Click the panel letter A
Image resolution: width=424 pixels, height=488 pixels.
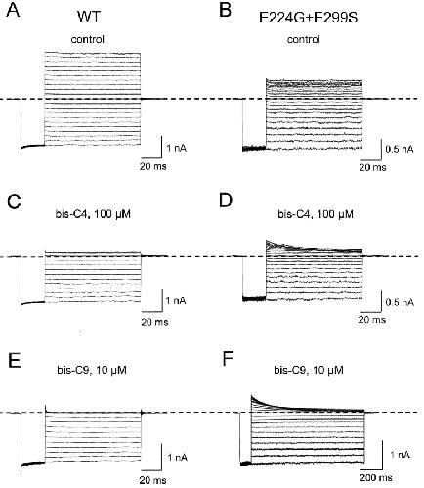point(14,11)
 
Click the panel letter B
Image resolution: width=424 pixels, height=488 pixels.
point(226,11)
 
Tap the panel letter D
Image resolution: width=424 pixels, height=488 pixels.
point(226,200)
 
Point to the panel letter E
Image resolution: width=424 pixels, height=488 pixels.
point(14,360)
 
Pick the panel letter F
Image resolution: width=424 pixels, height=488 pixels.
point(229,360)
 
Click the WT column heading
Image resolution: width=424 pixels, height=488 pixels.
point(89,17)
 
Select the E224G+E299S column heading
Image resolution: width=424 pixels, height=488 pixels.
point(308,18)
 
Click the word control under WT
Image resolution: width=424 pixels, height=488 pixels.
point(88,39)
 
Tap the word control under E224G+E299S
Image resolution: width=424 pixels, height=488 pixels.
point(304,39)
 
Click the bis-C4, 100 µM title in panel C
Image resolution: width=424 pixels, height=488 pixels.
point(93,214)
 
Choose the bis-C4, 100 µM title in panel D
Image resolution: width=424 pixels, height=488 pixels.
point(316,214)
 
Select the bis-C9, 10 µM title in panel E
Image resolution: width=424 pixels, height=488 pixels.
point(91,370)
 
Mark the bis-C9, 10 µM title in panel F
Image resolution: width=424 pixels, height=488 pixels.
point(309,370)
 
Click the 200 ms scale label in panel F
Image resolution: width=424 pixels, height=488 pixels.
point(376,478)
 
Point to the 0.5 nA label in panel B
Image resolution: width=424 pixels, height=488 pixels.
point(400,150)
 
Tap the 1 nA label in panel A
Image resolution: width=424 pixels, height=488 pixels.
point(177,149)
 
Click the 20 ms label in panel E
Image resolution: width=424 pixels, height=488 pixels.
point(153,480)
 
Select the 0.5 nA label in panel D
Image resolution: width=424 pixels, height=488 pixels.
point(400,302)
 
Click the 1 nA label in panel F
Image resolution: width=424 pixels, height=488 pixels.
point(400,455)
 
